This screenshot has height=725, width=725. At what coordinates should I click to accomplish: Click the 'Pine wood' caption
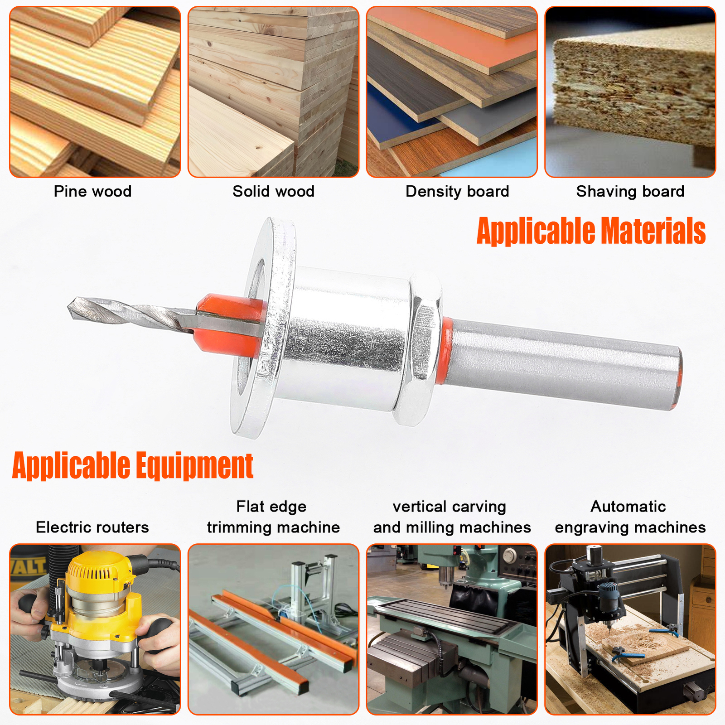[92, 191]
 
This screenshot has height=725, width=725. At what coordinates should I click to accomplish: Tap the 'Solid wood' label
[273, 191]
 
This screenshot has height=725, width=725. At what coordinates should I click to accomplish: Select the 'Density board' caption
[457, 191]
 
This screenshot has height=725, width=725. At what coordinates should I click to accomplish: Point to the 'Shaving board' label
[630, 191]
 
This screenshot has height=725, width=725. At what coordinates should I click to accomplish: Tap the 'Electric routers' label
[92, 527]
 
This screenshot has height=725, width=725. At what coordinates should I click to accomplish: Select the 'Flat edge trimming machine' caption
[273, 517]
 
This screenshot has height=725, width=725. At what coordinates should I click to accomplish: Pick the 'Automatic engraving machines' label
[630, 517]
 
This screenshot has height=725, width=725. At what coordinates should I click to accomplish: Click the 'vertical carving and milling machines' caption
[452, 517]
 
